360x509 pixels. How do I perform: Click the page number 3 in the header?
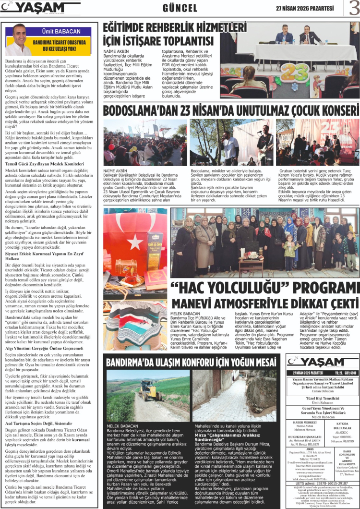point(353,8)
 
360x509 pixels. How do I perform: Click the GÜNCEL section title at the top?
point(180,8)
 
